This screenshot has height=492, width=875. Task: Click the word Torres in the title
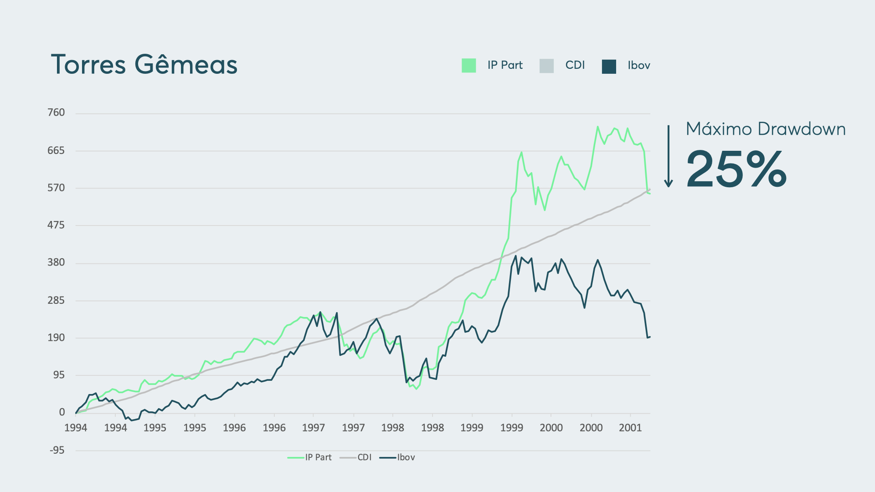click(x=88, y=65)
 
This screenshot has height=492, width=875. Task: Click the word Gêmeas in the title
click(x=186, y=65)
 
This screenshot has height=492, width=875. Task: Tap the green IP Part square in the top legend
click(x=468, y=66)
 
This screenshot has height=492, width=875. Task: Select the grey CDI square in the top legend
click(x=546, y=66)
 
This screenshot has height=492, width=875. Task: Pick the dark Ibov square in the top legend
click(x=609, y=66)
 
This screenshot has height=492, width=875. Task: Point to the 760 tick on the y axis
click(x=56, y=113)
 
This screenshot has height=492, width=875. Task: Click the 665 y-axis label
click(x=56, y=150)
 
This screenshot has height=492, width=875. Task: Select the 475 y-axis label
click(x=56, y=225)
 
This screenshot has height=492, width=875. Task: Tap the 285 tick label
click(x=56, y=300)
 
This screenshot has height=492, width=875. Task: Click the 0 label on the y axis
click(x=62, y=412)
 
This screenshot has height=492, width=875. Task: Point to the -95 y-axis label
click(x=57, y=450)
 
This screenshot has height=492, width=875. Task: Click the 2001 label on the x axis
click(x=630, y=428)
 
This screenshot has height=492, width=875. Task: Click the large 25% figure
click(x=736, y=169)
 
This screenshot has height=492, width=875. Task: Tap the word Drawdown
click(x=802, y=129)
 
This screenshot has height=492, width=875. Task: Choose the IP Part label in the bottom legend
click(x=318, y=457)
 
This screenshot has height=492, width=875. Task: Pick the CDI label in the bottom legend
click(x=365, y=457)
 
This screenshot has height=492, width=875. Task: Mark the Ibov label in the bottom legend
click(x=406, y=457)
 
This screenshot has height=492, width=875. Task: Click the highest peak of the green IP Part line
click(x=597, y=127)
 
